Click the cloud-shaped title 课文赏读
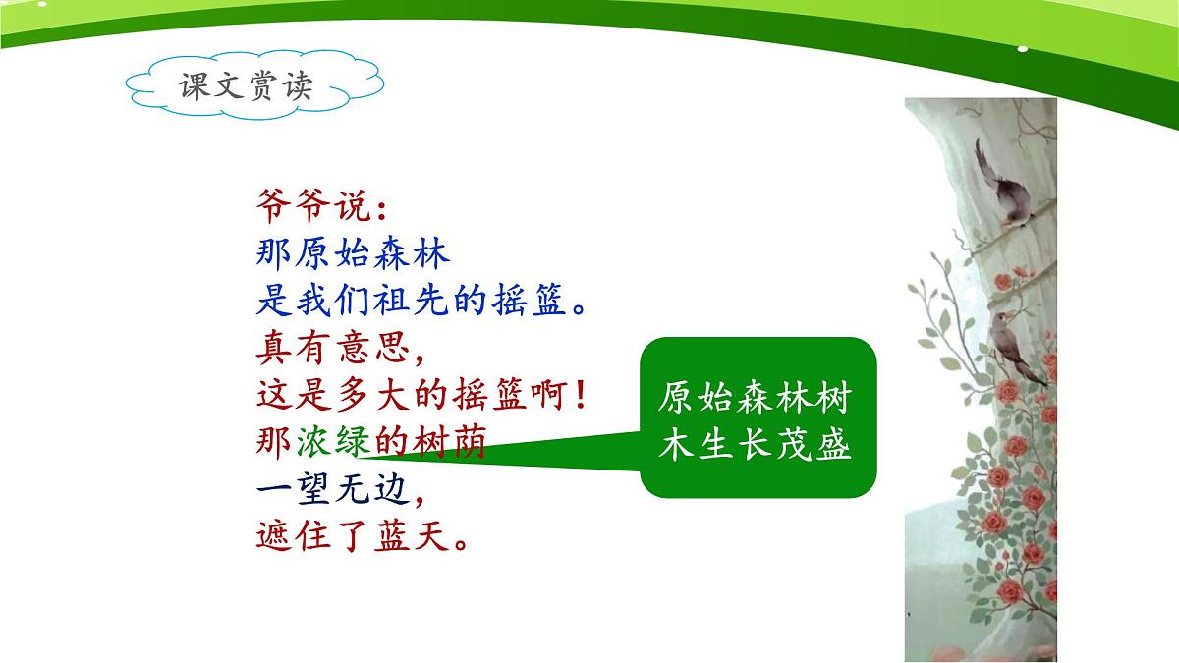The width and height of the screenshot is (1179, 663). (x=246, y=86)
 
